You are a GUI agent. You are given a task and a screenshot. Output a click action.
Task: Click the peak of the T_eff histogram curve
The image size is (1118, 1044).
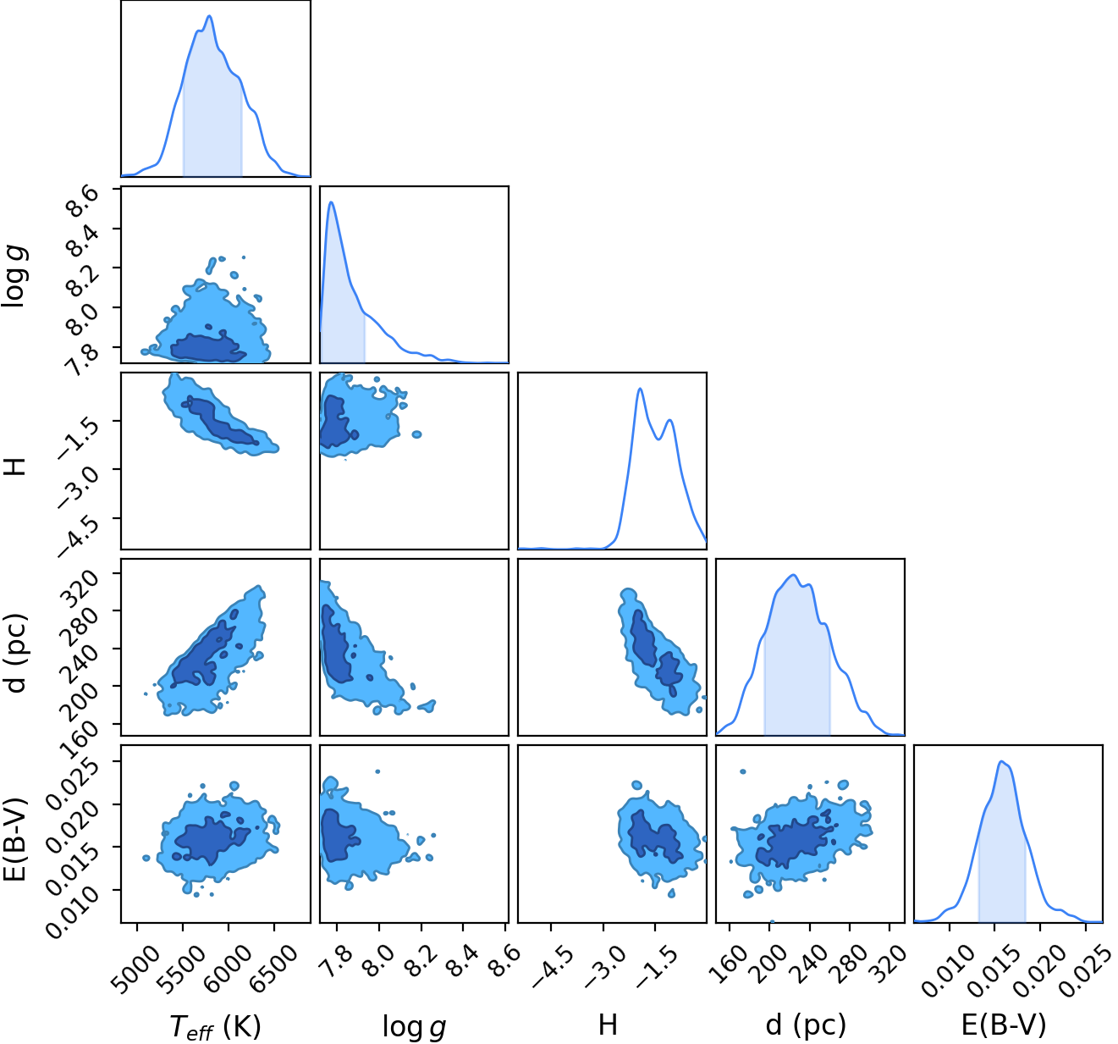pos(209,16)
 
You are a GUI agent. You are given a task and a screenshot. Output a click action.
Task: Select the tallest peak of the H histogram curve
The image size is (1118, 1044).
pos(640,388)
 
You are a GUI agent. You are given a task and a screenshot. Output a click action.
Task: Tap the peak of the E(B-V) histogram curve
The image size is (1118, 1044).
pos(1001,762)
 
